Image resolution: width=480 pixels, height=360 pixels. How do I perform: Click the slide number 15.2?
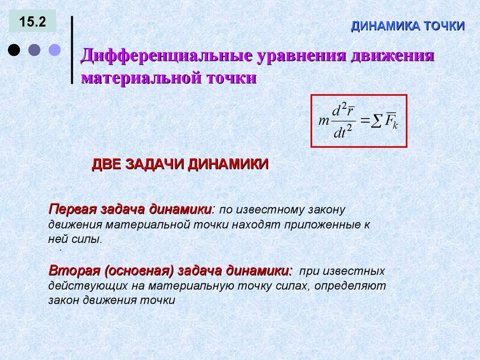point(32,22)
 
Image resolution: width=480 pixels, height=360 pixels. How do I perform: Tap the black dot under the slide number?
point(14,50)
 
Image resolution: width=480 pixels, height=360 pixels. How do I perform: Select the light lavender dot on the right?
point(55,50)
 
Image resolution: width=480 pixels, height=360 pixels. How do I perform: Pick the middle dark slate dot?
point(34,50)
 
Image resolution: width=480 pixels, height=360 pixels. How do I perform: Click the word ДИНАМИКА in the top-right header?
point(386,26)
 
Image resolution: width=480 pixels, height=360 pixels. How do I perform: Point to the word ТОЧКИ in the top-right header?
point(444,26)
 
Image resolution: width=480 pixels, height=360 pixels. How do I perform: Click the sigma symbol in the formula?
point(376,122)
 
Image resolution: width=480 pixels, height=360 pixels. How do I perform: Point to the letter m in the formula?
point(323,121)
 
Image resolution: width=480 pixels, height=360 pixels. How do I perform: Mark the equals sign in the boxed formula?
point(365,121)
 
